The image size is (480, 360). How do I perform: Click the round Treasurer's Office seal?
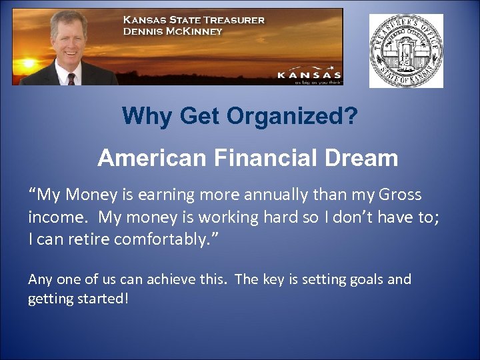click(x=406, y=51)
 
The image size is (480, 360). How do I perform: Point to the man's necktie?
click(x=71, y=78)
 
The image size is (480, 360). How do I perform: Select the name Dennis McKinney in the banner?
click(x=173, y=31)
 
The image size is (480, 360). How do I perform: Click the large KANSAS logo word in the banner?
click(x=309, y=75)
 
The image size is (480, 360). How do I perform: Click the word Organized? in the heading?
click(x=291, y=117)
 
